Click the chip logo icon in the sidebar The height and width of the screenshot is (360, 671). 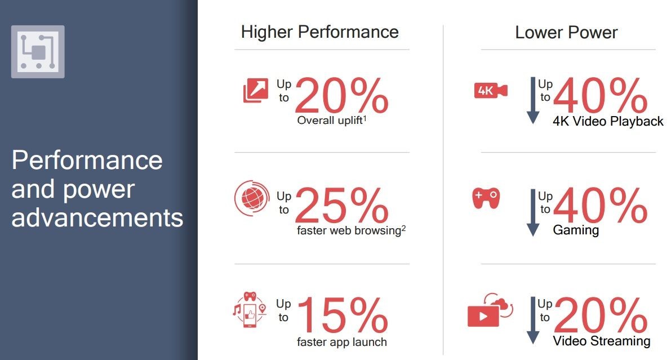point(38,52)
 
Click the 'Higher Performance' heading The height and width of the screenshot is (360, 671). point(319,32)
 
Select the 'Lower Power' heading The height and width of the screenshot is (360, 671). point(566,33)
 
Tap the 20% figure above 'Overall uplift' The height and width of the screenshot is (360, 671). point(341,95)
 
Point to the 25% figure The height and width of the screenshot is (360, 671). point(341,206)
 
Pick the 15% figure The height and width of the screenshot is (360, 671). point(343,315)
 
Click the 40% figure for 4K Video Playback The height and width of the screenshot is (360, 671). point(601,95)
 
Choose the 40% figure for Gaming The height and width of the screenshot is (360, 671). point(601,206)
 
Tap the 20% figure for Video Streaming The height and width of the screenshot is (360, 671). point(601,315)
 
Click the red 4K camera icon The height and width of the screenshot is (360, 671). point(491,90)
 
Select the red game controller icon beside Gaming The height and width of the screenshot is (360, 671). point(486,198)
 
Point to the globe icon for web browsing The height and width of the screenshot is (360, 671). point(252,198)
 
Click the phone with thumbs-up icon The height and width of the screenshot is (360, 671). point(250,310)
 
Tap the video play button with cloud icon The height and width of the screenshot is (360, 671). point(490,310)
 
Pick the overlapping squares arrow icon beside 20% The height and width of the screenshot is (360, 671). point(256,90)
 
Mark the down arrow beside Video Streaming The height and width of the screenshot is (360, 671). point(533,321)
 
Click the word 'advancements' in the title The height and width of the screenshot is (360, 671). point(97,218)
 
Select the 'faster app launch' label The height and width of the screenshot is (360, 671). point(342,342)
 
